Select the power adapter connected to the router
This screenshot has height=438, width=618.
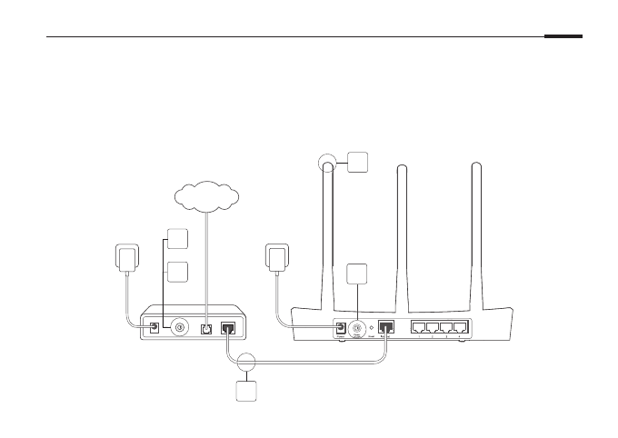pyautogui.click(x=278, y=256)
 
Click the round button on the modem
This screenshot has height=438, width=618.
pyautogui.click(x=180, y=327)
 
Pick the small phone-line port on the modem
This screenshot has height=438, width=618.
pyautogui.click(x=206, y=328)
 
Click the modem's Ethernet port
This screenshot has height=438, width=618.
pyautogui.click(x=228, y=328)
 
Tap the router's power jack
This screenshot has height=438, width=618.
pyautogui.click(x=341, y=328)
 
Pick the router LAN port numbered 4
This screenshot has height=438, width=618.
pyautogui.click(x=460, y=328)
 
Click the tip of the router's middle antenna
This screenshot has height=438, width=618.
pyautogui.click(x=403, y=166)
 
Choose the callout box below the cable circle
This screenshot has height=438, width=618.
pyautogui.click(x=246, y=393)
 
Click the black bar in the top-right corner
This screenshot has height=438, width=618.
pyautogui.click(x=563, y=37)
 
